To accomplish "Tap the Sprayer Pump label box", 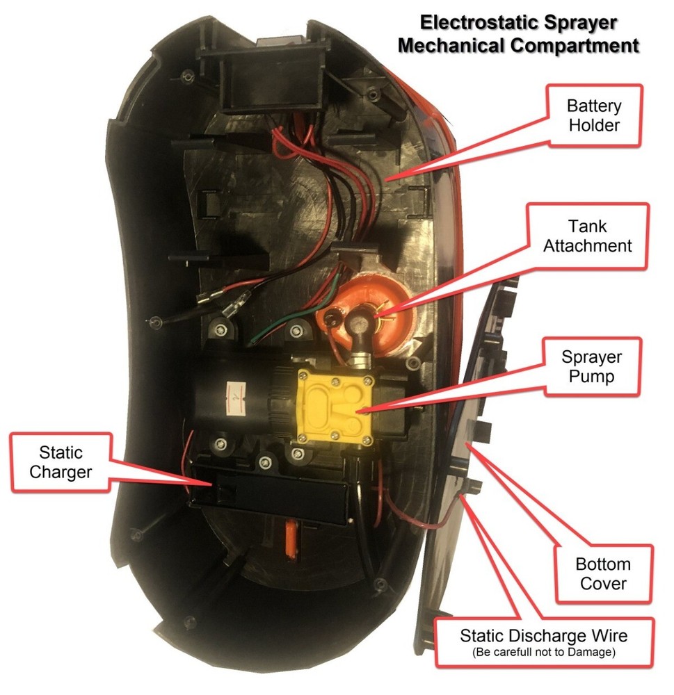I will (x=592, y=368).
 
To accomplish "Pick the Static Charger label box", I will (x=61, y=462).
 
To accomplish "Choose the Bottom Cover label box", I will (x=604, y=573).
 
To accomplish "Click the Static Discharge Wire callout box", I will (x=543, y=641).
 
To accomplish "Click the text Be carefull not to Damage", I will (x=543, y=652).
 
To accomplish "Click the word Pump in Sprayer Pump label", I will (x=592, y=379).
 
